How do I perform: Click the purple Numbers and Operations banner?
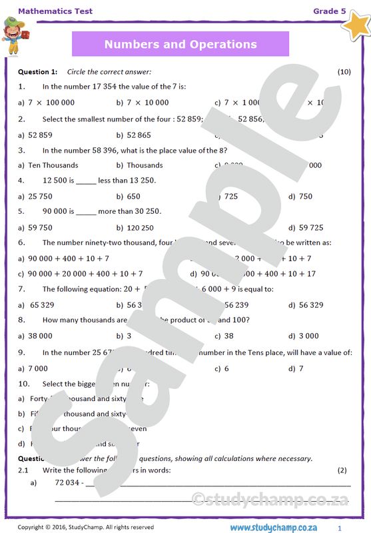click(x=180, y=45)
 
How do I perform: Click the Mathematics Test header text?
click(x=55, y=11)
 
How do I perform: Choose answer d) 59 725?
click(x=306, y=227)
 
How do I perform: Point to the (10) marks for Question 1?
click(x=344, y=71)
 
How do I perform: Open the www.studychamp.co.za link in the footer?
click(x=278, y=527)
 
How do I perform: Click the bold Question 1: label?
click(x=37, y=71)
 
